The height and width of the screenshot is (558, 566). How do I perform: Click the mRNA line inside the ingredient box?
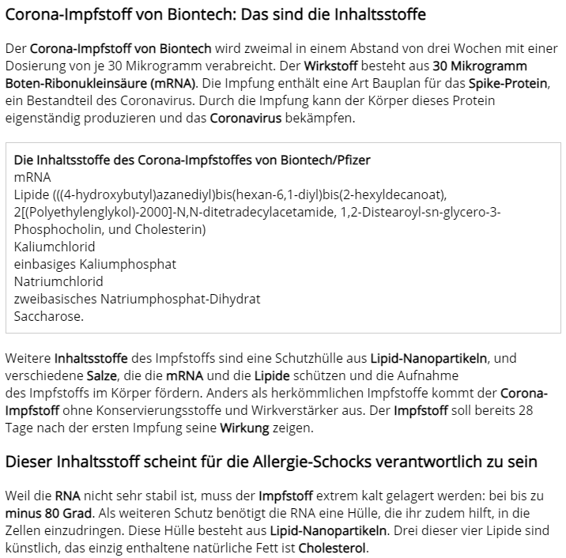pyautogui.click(x=32, y=177)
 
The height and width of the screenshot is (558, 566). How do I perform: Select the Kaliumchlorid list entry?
pyautogui.click(x=55, y=247)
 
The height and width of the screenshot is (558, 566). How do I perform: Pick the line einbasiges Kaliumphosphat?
pyautogui.click(x=95, y=264)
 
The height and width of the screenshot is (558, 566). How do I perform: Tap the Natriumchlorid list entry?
pyautogui.click(x=58, y=281)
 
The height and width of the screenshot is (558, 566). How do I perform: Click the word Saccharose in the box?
pyautogui.click(x=48, y=316)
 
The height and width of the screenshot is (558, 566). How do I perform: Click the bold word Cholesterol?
pyautogui.click(x=332, y=549)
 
